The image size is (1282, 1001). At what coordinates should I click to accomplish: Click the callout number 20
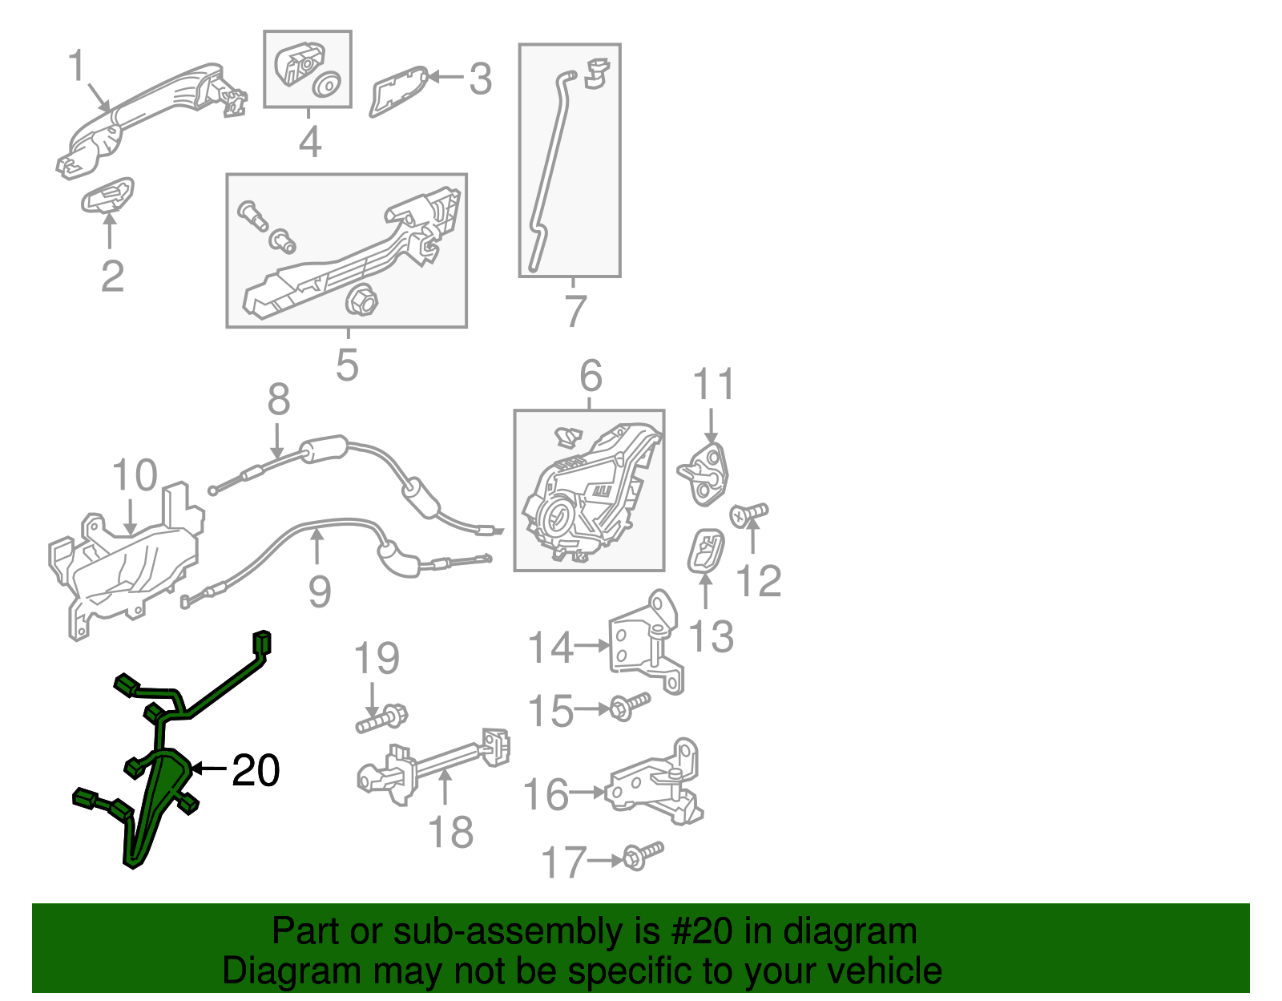(256, 769)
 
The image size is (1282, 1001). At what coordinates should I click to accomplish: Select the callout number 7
(576, 311)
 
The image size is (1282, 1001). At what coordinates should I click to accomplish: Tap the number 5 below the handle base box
(347, 365)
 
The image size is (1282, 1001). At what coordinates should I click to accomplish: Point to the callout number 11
(713, 384)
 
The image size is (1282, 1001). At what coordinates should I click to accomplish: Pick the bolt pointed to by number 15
(630, 706)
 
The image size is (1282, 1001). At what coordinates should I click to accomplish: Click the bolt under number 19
(381, 718)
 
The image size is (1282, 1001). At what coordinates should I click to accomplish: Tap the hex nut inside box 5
(361, 301)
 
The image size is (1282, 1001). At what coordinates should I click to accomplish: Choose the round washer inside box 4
(326, 85)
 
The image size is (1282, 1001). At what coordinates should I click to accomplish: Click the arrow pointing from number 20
(209, 768)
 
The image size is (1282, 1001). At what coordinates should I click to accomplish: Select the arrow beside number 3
(445, 77)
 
